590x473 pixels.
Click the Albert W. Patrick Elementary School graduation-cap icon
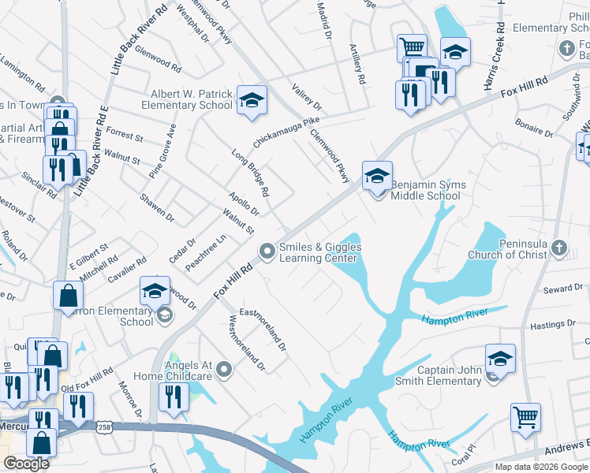coord(252,101)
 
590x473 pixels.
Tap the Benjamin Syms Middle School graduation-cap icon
coord(378,176)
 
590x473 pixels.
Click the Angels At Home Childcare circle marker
coord(225,368)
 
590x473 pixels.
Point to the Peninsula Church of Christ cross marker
coord(559,248)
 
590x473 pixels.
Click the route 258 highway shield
coord(104,426)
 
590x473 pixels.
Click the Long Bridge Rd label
coord(251,173)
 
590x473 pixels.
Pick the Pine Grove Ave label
coord(161,151)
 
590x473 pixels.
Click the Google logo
coord(27,464)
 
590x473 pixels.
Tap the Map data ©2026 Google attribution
coord(541,467)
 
